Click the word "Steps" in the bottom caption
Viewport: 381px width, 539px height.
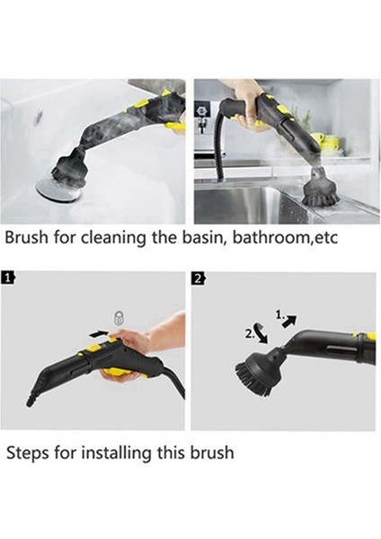[28, 452]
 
